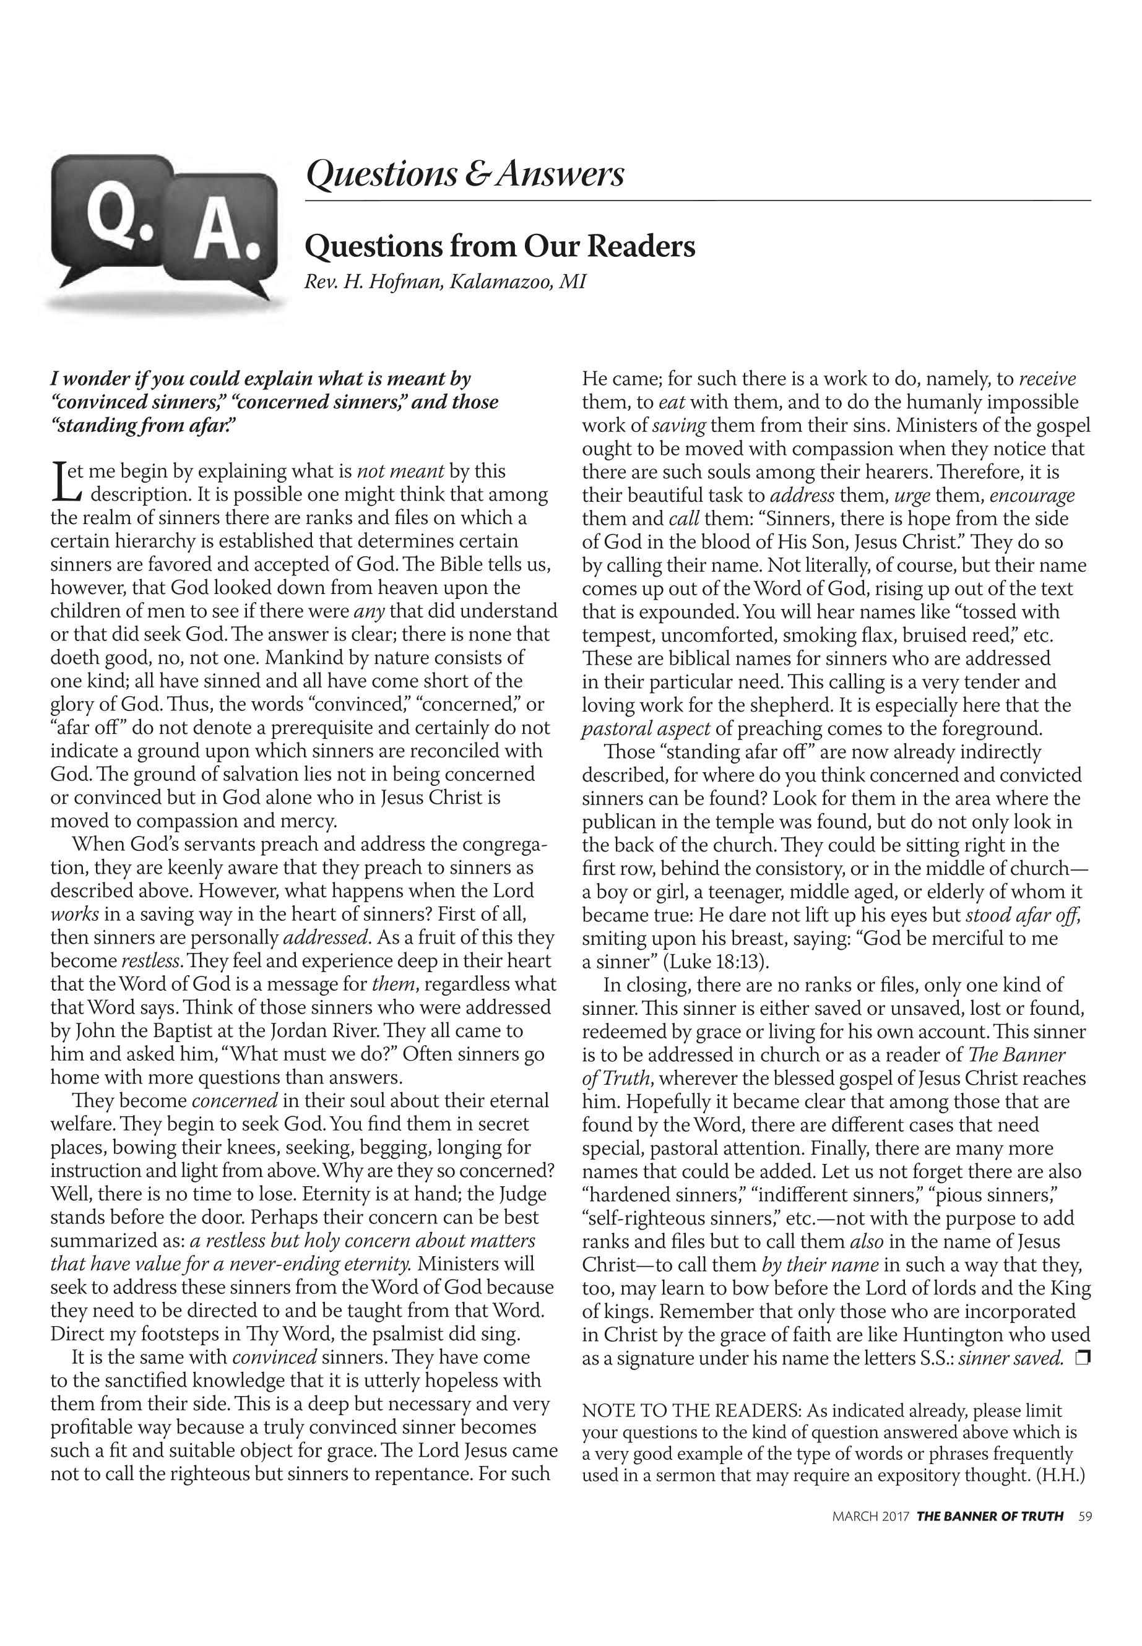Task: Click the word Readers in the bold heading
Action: click(641, 247)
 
